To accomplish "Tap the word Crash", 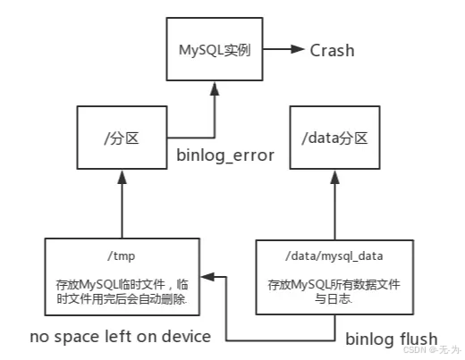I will tap(332, 50).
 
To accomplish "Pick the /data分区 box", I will tap(333, 138).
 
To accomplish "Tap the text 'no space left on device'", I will tap(120, 337).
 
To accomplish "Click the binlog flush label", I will tap(392, 338).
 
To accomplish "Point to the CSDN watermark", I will tap(430, 350).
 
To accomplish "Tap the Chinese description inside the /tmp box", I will tap(123, 291).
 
